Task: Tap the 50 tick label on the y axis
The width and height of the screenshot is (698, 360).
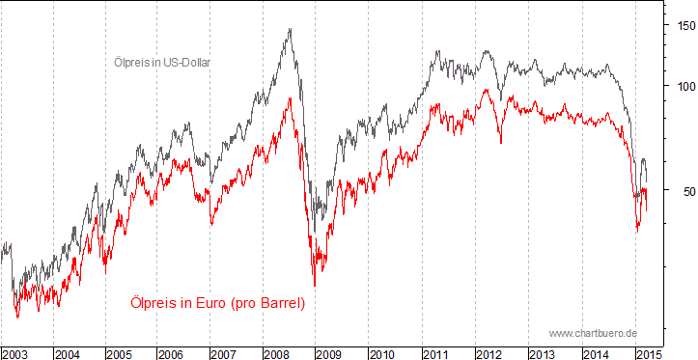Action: [681, 191]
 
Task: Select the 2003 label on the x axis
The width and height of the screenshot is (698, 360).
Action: [16, 353]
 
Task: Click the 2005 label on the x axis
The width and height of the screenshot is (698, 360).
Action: [121, 353]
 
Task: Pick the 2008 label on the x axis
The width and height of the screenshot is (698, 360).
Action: [277, 353]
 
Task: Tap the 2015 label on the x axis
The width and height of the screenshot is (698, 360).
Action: [645, 353]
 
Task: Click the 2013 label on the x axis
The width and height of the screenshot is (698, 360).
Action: [541, 353]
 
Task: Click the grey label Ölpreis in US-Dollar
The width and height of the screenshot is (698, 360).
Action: [157, 63]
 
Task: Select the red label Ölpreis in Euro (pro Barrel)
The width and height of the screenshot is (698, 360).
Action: [217, 303]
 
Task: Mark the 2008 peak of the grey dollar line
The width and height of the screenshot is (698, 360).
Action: [290, 29]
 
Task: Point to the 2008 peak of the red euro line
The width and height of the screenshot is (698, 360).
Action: [291, 98]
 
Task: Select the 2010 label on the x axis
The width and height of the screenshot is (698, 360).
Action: [382, 353]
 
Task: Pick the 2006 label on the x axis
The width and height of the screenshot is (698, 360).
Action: [173, 353]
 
